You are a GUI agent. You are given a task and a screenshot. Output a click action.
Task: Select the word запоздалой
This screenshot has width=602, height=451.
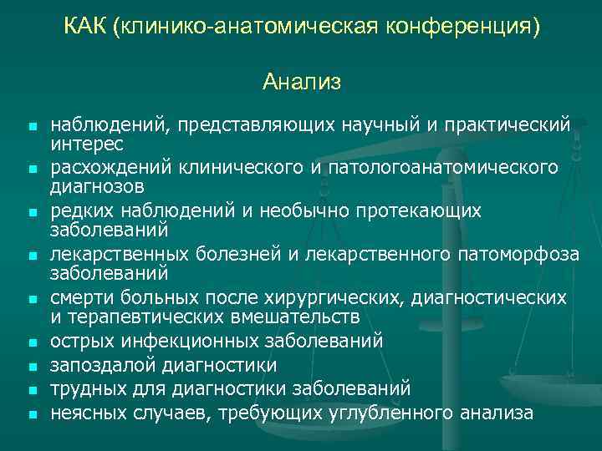103,365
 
